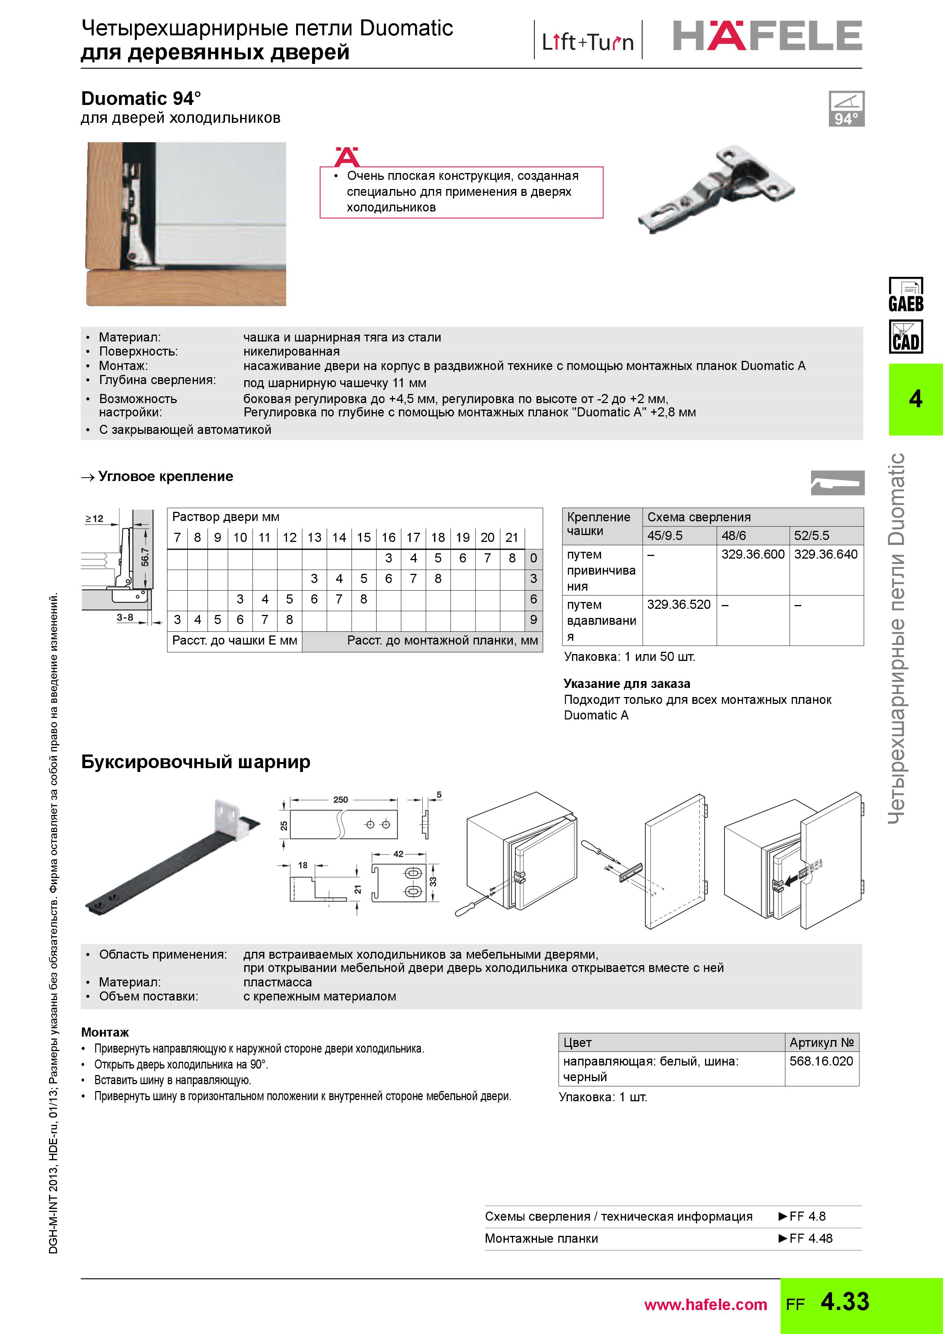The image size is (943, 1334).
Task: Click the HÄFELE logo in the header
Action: coord(767,36)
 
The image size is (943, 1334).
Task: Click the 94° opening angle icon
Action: coord(846,109)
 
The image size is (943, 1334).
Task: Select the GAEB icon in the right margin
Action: coord(905,295)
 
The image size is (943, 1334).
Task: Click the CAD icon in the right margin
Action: coord(905,337)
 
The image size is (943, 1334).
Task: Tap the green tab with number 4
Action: coord(915,399)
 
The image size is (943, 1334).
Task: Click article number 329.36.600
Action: coord(753,554)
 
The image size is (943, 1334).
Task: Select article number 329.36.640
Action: coord(825,554)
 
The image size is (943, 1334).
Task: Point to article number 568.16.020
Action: coord(821,1061)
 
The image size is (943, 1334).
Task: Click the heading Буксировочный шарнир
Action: coord(196,762)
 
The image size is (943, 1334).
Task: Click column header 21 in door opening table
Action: coord(511,537)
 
